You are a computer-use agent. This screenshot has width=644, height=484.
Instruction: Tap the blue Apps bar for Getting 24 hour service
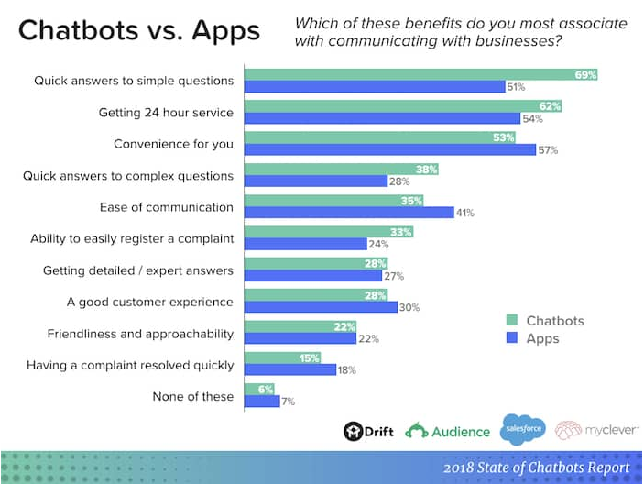pyautogui.click(x=382, y=118)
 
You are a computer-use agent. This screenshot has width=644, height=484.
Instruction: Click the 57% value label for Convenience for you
pyautogui.click(x=548, y=150)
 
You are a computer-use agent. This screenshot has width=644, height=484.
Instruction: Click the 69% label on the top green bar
pyautogui.click(x=585, y=74)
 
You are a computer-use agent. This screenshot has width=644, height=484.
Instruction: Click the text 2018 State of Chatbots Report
pyautogui.click(x=536, y=467)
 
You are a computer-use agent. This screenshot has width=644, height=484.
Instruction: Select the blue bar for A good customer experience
pyautogui.click(x=321, y=307)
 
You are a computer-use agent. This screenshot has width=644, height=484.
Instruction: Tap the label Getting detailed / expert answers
pyautogui.click(x=138, y=270)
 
